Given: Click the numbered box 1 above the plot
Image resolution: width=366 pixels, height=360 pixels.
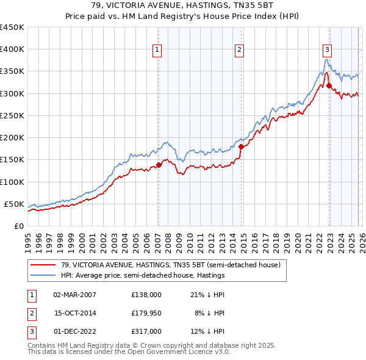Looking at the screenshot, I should pyautogui.click(x=157, y=50).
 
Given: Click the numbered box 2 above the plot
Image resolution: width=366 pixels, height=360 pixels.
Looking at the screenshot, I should pyautogui.click(x=240, y=50).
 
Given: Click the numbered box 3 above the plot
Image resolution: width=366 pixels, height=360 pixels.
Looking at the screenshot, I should pyautogui.click(x=328, y=50).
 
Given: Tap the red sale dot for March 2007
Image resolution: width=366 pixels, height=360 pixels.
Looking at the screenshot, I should pyautogui.click(x=159, y=165).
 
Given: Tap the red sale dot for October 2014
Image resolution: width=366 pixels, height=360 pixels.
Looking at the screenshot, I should pyautogui.click(x=241, y=146).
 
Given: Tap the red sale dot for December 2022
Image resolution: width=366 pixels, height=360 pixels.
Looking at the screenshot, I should pyautogui.click(x=329, y=86).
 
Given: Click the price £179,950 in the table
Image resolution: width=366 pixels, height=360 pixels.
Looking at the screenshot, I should pyautogui.click(x=146, y=313).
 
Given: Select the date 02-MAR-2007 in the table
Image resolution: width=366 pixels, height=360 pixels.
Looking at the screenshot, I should pyautogui.click(x=74, y=295).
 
